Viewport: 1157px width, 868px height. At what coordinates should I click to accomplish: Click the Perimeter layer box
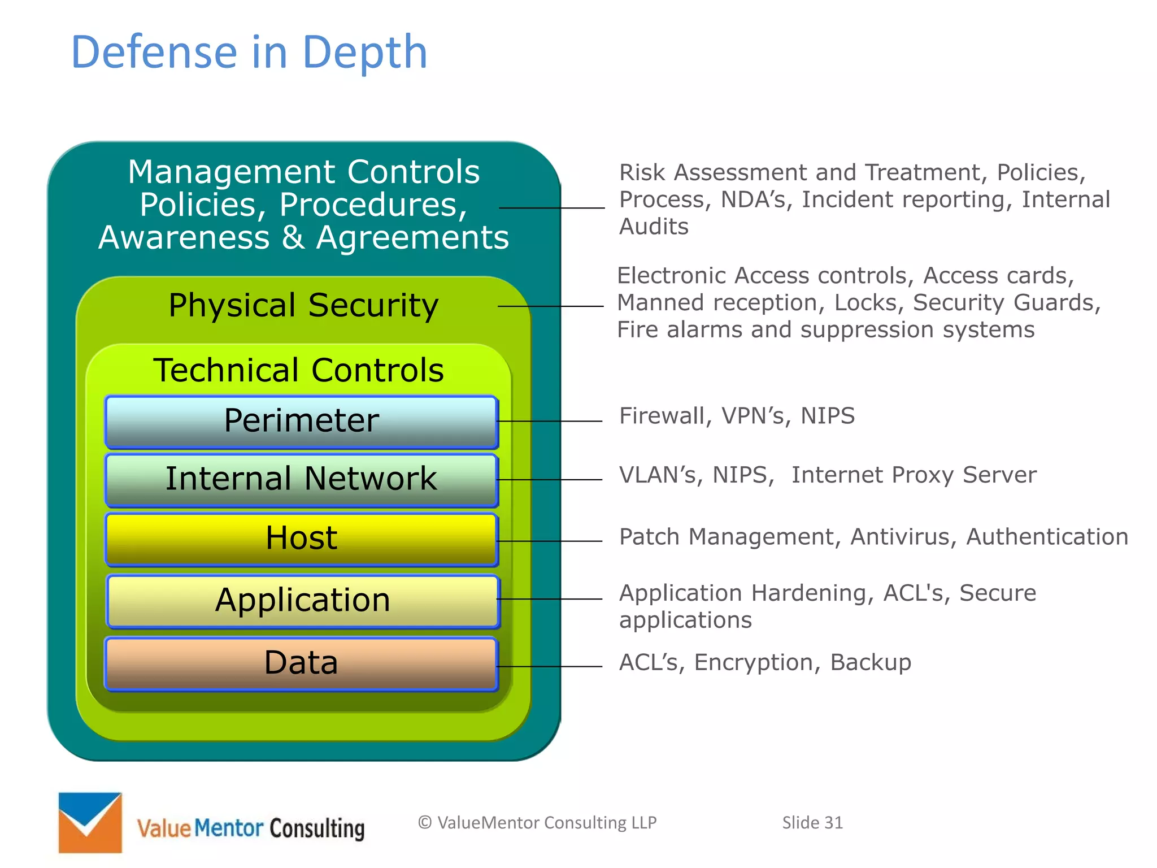[x=301, y=422]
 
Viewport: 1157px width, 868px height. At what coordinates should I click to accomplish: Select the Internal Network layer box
[x=301, y=480]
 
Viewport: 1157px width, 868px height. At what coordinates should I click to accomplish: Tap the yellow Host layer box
[x=301, y=539]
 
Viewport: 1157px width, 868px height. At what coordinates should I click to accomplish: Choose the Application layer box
[x=303, y=601]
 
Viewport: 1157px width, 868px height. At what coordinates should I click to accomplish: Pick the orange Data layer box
[x=301, y=663]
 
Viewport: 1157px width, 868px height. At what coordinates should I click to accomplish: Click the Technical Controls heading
[x=298, y=370]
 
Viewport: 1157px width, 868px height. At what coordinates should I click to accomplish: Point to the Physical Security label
[x=303, y=306]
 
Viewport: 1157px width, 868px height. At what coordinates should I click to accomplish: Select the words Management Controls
[x=303, y=172]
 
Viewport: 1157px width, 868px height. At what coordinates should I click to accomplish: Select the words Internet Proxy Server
[x=914, y=475]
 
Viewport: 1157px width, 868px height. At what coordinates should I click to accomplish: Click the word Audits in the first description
[x=654, y=227]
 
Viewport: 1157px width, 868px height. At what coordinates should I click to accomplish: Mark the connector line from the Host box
[x=549, y=541]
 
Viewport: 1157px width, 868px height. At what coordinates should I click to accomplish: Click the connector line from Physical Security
[x=551, y=306]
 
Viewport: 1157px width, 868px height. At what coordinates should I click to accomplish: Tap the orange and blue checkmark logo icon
[x=90, y=822]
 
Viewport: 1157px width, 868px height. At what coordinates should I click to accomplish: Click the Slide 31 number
[x=812, y=823]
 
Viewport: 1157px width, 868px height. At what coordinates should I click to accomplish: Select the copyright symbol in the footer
[x=425, y=823]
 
